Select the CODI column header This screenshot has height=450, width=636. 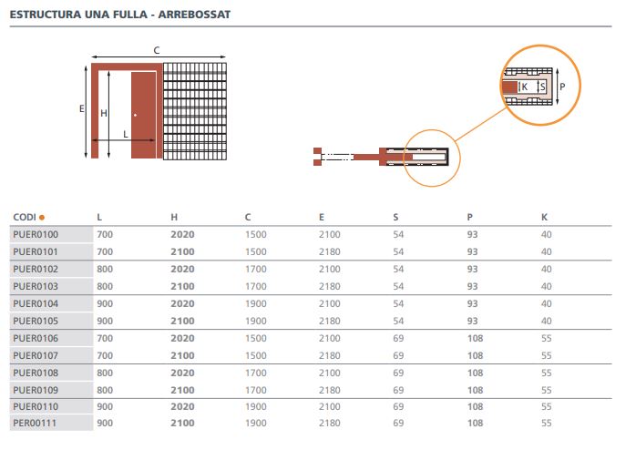click(x=24, y=217)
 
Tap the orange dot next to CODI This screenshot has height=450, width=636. click(x=41, y=217)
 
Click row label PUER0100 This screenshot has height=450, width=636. click(x=36, y=234)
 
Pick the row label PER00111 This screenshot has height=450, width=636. click(x=35, y=423)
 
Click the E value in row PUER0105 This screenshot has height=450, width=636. click(x=329, y=320)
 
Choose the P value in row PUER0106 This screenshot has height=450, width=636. click(x=474, y=337)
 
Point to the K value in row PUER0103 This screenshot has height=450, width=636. click(x=547, y=286)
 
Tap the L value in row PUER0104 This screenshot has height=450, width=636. click(x=105, y=302)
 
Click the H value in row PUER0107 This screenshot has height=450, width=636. click(x=182, y=354)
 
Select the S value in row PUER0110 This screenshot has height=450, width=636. click(x=398, y=405)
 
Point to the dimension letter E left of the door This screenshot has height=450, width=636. click(x=81, y=107)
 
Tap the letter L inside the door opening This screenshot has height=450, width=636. click(x=126, y=134)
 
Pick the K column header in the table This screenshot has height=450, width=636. click(x=545, y=217)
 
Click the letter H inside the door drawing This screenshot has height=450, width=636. click(x=104, y=113)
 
